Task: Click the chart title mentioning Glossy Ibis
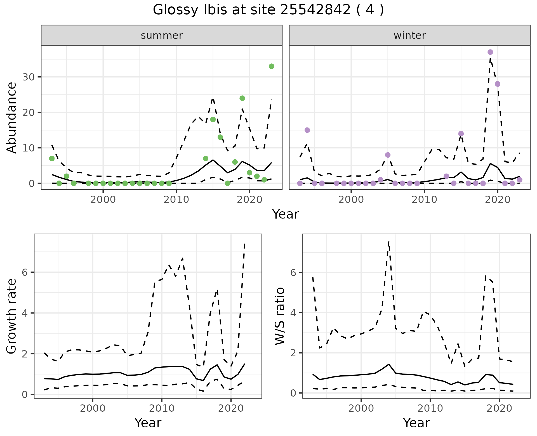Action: (x=268, y=10)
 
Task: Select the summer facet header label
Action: (x=162, y=35)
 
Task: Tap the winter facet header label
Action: (x=409, y=35)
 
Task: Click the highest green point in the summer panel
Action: (x=271, y=66)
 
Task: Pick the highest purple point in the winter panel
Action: (x=490, y=52)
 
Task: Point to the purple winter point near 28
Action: (x=498, y=84)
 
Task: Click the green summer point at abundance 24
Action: (x=242, y=98)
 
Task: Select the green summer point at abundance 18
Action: (x=213, y=119)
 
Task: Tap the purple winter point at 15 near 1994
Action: (x=307, y=130)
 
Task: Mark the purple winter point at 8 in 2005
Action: (x=388, y=155)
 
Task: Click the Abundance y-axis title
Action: (x=12, y=117)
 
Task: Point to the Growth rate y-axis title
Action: (x=12, y=316)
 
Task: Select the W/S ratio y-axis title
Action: (x=280, y=316)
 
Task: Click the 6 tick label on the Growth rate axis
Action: (x=25, y=272)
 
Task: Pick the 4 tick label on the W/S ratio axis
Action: (x=293, y=313)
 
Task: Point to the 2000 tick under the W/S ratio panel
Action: (x=361, y=408)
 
